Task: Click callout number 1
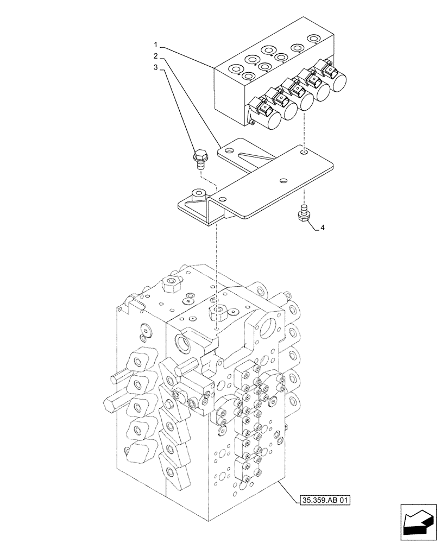[155, 44]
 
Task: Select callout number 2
[155, 56]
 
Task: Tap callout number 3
[155, 68]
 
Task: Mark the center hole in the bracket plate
[282, 180]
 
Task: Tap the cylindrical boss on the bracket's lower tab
[198, 193]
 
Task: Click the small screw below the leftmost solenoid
[254, 123]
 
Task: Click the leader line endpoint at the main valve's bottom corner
[279, 481]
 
